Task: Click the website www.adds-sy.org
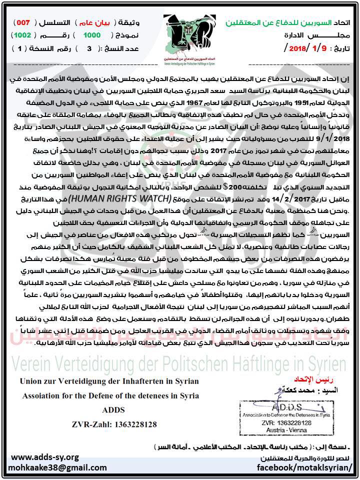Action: (x=45, y=457)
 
